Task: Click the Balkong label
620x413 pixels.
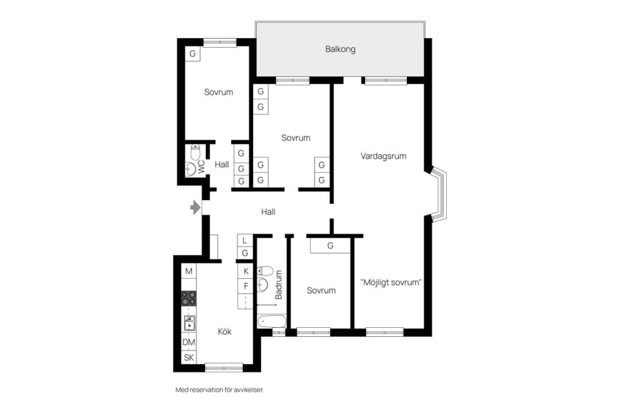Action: click(340, 50)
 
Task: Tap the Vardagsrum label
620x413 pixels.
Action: click(383, 156)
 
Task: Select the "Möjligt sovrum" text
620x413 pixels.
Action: click(391, 283)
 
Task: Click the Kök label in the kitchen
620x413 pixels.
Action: click(225, 332)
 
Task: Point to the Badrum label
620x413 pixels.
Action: click(278, 285)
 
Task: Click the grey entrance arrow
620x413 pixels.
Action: click(195, 207)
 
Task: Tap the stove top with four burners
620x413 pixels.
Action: click(189, 298)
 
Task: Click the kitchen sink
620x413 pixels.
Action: click(189, 323)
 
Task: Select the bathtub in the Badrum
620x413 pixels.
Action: click(272, 321)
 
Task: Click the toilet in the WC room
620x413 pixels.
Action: click(195, 152)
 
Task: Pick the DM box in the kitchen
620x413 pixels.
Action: click(189, 342)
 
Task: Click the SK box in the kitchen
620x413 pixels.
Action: click(189, 358)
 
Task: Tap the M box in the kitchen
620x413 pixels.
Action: click(189, 271)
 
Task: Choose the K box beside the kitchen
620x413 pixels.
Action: click(245, 271)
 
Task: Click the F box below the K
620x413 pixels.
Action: click(245, 286)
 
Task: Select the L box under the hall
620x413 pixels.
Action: click(245, 240)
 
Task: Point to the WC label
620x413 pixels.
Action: click(201, 166)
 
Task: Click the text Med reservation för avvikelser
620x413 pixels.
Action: click(220, 390)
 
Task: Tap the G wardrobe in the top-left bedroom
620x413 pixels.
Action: click(192, 54)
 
